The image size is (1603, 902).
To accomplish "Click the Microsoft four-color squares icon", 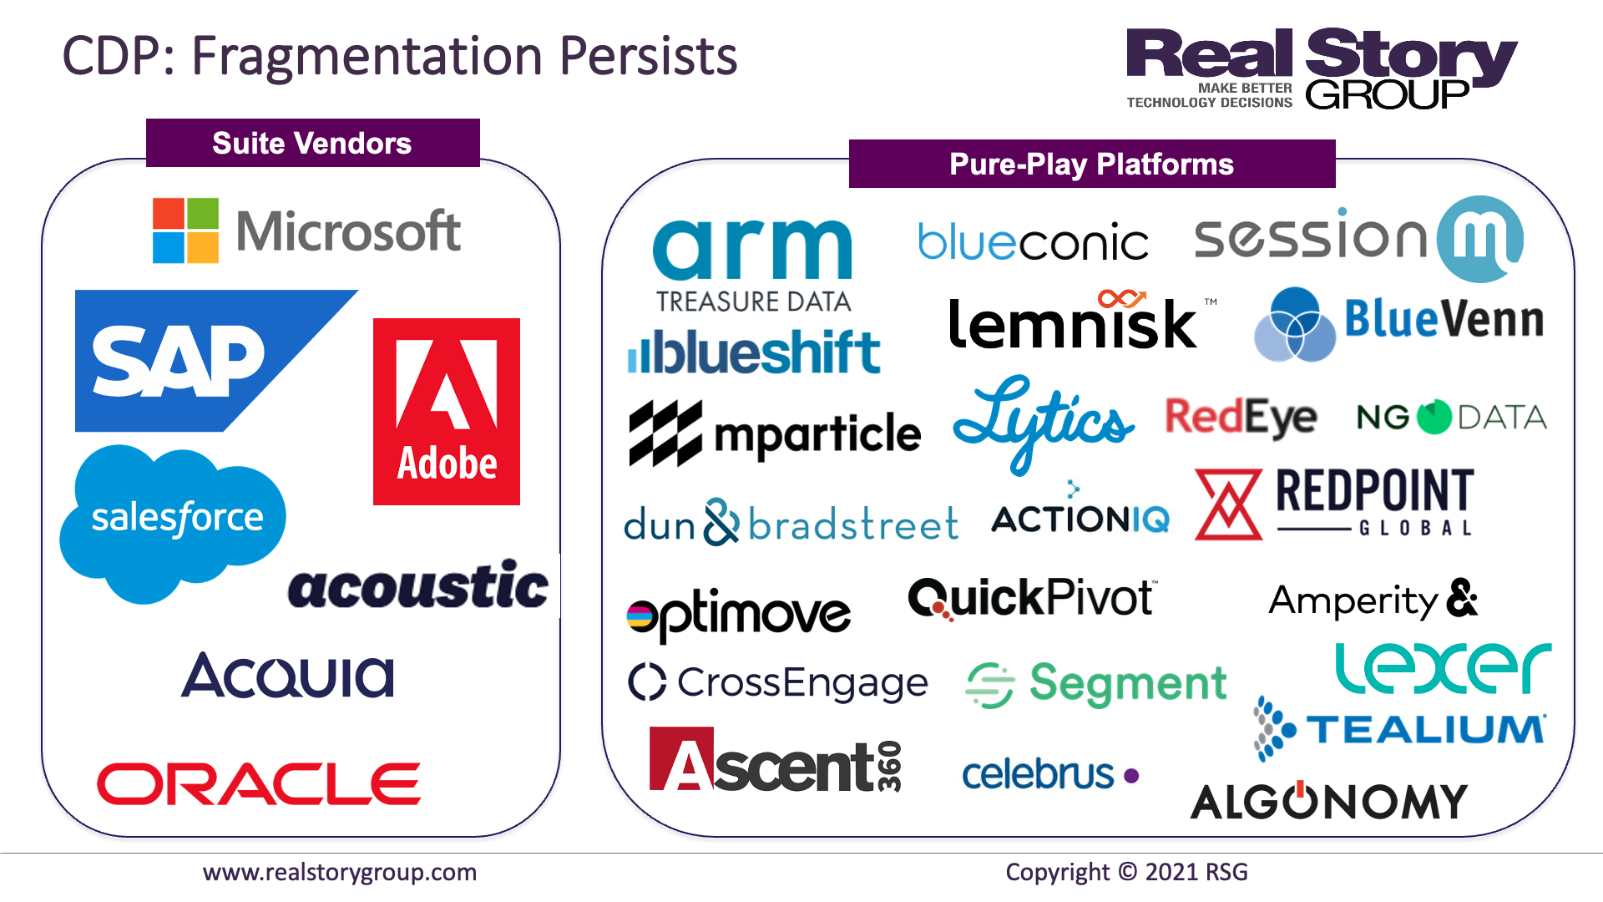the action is (x=185, y=231).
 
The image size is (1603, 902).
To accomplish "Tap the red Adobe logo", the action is (x=447, y=412).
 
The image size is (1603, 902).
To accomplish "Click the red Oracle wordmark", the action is (x=259, y=783).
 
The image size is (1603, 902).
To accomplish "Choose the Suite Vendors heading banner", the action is (x=313, y=143).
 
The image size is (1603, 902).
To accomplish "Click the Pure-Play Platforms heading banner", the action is (x=1092, y=164).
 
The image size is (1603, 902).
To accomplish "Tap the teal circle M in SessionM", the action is (x=1480, y=239).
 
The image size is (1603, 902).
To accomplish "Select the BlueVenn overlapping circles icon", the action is (x=1295, y=325).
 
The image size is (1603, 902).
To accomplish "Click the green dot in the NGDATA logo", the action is (x=1434, y=417).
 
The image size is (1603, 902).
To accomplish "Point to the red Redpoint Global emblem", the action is (x=1228, y=504).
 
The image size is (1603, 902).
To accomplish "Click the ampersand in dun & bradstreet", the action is (x=721, y=522).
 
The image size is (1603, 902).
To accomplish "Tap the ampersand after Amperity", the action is (x=1462, y=598).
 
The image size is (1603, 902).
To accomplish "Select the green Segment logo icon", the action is (x=990, y=686).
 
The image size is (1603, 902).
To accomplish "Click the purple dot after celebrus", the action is (x=1131, y=776).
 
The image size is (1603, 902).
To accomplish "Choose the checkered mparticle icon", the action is (x=665, y=433).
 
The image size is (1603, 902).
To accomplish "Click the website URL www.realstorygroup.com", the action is (x=340, y=873).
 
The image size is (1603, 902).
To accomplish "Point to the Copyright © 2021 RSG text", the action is (x=1126, y=872).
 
